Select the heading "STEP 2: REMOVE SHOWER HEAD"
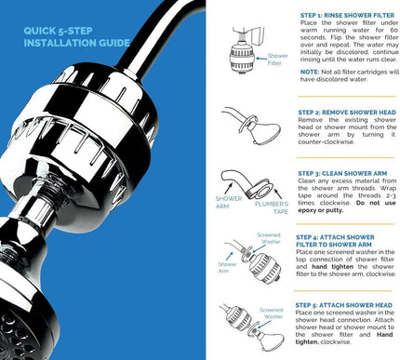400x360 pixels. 343,112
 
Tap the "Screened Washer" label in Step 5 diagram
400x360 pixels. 271,314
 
